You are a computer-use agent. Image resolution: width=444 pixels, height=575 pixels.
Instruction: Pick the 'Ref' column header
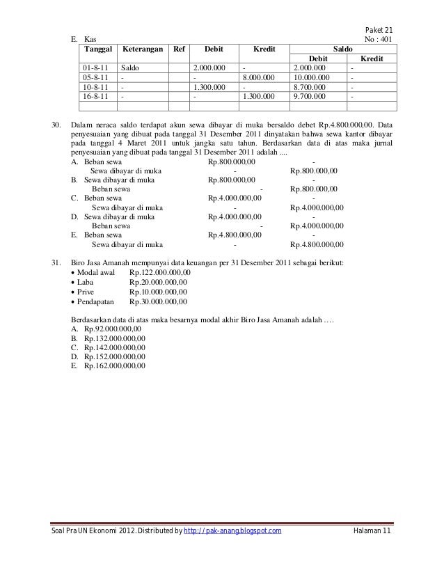click(178, 50)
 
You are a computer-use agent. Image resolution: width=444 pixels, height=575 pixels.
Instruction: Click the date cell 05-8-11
click(94, 78)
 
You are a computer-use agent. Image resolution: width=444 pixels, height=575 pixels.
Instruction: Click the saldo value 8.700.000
click(310, 88)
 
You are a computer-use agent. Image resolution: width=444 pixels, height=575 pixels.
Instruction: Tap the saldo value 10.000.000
click(312, 78)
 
